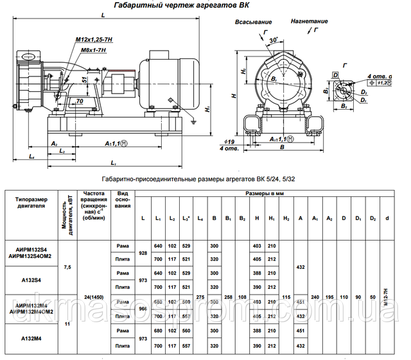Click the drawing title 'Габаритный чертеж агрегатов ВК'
click(x=181, y=6)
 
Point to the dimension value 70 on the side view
click(x=79, y=101)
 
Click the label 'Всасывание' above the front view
click(x=253, y=21)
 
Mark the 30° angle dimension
click(x=274, y=40)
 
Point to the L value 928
click(x=142, y=253)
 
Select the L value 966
click(x=142, y=309)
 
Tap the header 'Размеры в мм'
click(x=263, y=193)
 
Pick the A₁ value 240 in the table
click(x=315, y=297)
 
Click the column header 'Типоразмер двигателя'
click(x=30, y=203)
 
